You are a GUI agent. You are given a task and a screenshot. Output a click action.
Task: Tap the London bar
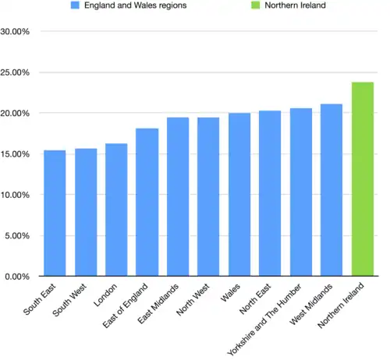click(x=116, y=210)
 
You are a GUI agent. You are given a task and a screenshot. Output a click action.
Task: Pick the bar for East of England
click(x=147, y=202)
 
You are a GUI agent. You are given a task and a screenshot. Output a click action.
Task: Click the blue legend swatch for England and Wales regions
click(x=75, y=5)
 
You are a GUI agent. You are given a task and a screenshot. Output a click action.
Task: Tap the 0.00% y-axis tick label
click(x=18, y=276)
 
